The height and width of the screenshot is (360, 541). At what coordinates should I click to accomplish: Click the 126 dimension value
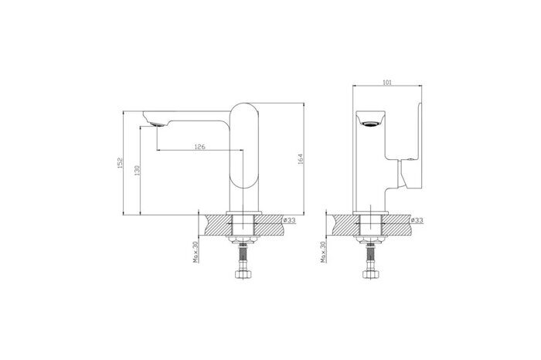(199, 147)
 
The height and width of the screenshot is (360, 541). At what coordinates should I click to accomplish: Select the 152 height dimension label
(120, 163)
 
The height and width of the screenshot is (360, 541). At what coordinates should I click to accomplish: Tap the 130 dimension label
(137, 171)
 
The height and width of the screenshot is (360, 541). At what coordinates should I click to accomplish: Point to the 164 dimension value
(301, 159)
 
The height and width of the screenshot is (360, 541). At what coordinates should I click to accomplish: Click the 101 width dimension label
(387, 82)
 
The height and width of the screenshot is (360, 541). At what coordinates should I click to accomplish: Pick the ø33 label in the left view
(290, 220)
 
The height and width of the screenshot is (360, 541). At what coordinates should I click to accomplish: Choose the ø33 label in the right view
(417, 220)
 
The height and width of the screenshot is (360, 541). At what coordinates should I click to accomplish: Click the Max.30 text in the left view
(196, 252)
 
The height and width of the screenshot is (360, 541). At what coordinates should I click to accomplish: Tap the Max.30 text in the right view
(323, 252)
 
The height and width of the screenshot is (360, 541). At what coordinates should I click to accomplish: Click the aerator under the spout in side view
(157, 124)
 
